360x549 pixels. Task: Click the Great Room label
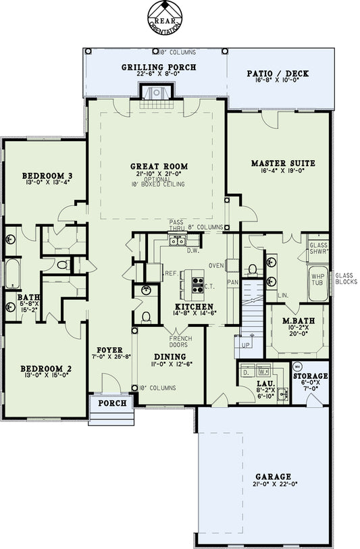(x=159, y=166)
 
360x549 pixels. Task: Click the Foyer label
(x=109, y=350)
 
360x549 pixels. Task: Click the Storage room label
(x=310, y=375)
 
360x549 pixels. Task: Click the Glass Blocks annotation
(x=345, y=279)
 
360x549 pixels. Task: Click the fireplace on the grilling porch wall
(x=156, y=93)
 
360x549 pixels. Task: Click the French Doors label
(x=180, y=340)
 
